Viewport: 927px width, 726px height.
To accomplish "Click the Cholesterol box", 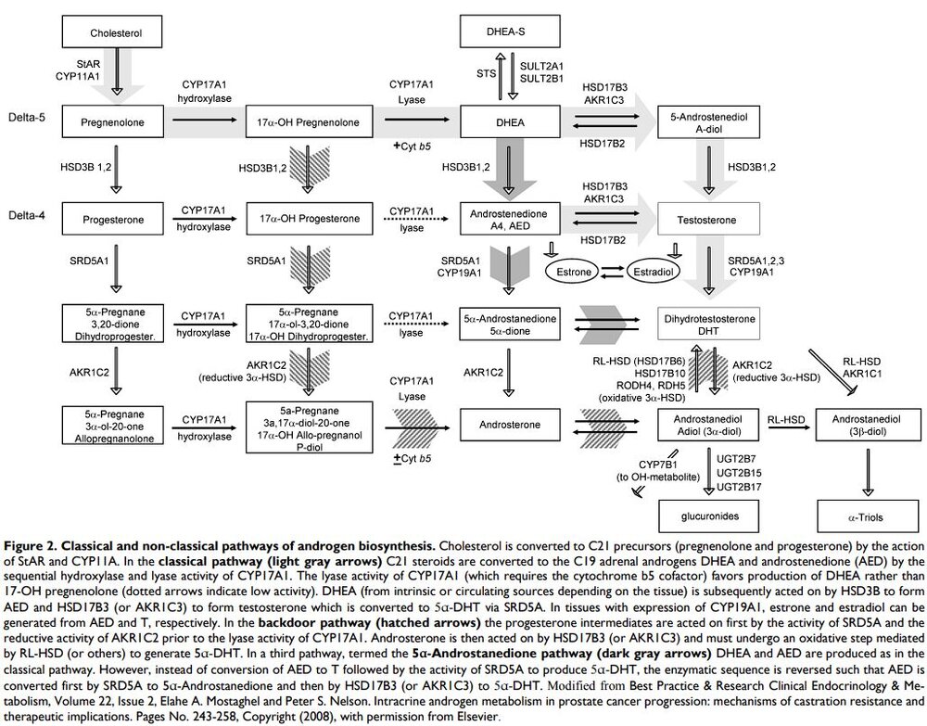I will (118, 34).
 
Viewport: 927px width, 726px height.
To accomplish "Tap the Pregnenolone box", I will (118, 121).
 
